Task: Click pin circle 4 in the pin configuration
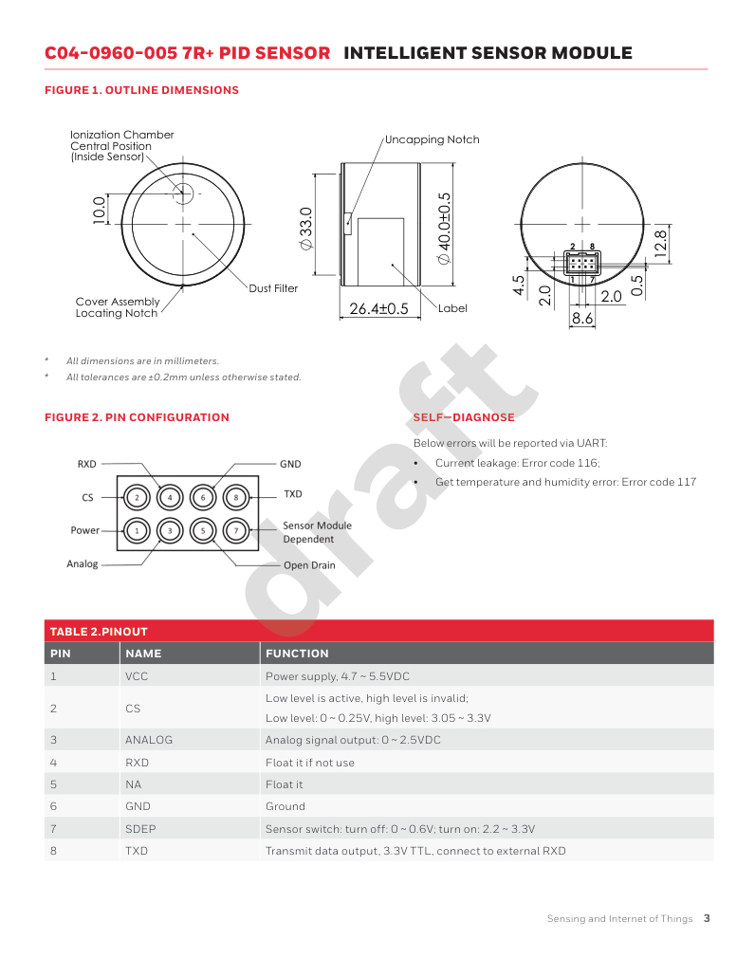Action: click(170, 497)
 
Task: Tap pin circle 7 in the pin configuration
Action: click(236, 530)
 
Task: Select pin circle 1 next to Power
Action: click(137, 530)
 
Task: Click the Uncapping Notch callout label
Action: click(433, 139)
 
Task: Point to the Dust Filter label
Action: click(273, 288)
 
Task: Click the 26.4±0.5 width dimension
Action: click(378, 308)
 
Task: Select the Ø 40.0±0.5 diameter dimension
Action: click(443, 227)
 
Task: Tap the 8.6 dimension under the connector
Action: click(582, 320)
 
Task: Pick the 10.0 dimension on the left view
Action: click(98, 210)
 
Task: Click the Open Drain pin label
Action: click(309, 565)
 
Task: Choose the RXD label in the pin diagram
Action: click(87, 464)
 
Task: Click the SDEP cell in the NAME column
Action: click(140, 829)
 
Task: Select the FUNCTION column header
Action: click(297, 654)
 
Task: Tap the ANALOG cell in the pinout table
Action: click(149, 740)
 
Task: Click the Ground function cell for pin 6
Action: click(285, 806)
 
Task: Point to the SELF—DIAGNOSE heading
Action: click(464, 417)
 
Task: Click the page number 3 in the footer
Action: click(707, 918)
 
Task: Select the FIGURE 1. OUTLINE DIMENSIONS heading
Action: click(141, 90)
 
